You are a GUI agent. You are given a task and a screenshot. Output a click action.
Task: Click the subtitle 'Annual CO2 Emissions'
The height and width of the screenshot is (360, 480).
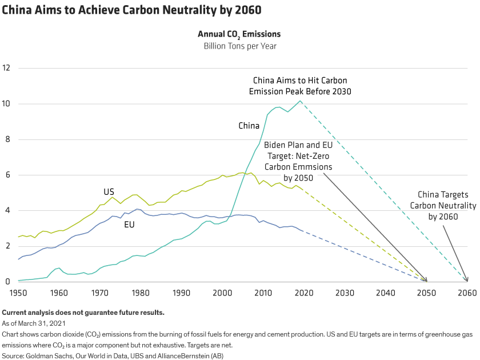239,34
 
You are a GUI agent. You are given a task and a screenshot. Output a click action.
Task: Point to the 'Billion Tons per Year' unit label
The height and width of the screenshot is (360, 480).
240,46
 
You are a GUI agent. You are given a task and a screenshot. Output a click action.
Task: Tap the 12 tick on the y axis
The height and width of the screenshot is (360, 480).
7,68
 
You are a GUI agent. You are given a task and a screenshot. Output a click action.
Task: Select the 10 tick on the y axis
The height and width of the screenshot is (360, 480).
7,103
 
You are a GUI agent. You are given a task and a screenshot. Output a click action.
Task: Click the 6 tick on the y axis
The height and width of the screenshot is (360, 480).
7,175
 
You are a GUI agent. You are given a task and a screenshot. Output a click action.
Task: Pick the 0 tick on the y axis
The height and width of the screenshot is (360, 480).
7,282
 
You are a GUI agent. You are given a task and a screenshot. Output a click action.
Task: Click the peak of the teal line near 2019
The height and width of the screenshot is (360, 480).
300,101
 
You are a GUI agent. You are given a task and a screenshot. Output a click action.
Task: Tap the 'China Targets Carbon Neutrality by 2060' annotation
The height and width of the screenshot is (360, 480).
443,205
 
